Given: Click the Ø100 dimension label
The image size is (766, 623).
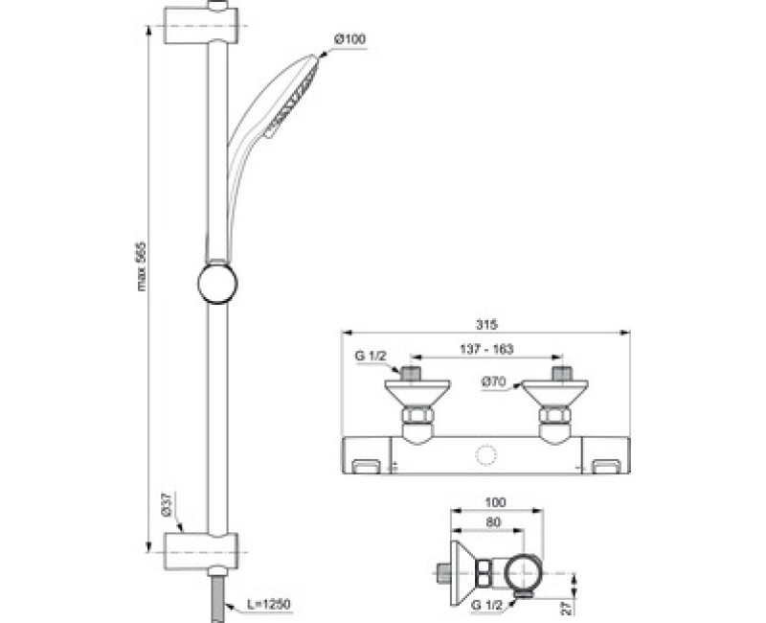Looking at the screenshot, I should (x=349, y=39).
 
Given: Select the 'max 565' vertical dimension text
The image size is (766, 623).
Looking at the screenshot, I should (x=142, y=265).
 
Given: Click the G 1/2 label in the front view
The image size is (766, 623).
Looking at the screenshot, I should (x=371, y=358).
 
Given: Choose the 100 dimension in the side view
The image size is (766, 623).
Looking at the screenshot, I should (x=497, y=502).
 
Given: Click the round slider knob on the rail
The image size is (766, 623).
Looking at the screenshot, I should (x=218, y=284).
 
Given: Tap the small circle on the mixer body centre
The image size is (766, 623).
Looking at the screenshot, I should (x=485, y=454).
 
